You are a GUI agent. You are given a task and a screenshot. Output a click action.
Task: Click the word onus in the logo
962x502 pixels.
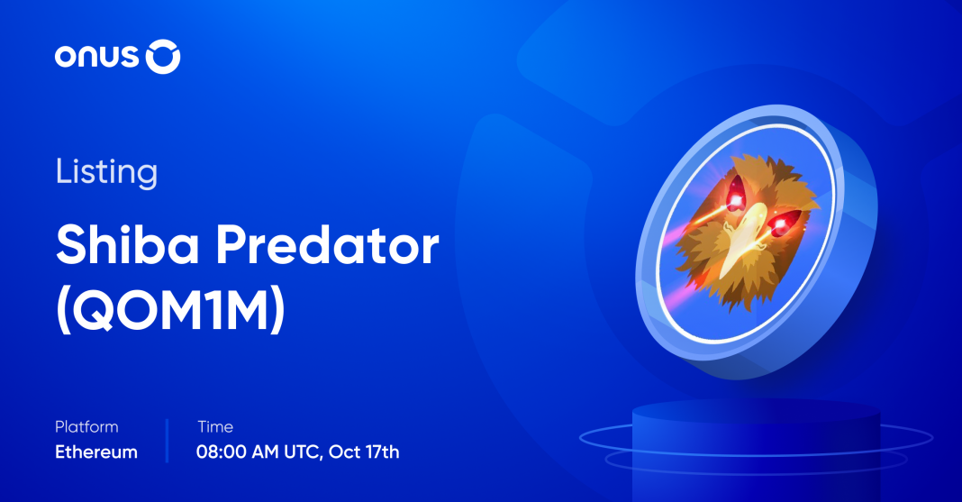click(x=96, y=57)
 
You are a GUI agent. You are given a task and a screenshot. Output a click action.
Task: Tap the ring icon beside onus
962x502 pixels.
click(x=162, y=57)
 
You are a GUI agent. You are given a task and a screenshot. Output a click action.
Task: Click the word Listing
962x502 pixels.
click(x=107, y=172)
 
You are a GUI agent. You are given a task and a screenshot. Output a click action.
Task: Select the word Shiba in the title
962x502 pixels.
click(x=128, y=244)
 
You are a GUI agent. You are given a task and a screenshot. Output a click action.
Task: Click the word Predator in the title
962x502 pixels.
click(x=328, y=244)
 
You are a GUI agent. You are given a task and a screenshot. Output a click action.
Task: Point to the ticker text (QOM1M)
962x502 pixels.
click(x=170, y=311)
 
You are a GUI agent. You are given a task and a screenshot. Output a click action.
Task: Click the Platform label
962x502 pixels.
click(x=86, y=426)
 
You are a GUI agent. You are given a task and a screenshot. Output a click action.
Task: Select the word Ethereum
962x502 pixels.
click(x=96, y=452)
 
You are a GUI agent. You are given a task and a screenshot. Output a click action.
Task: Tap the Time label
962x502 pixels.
click(x=215, y=426)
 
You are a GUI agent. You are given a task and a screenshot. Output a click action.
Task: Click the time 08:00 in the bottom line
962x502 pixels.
click(x=222, y=452)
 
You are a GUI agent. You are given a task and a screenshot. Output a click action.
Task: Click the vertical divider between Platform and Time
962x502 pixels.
click(x=167, y=441)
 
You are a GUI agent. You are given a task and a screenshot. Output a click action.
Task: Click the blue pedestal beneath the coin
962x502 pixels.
click(x=756, y=451)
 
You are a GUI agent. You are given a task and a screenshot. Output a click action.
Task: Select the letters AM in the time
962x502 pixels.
click(x=265, y=452)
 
